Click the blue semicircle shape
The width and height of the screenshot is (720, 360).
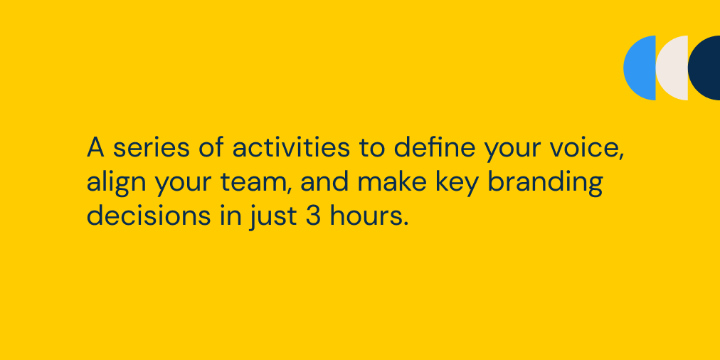click(641, 68)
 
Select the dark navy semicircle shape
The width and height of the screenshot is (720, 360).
click(705, 68)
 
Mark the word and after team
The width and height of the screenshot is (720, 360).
click(325, 182)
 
